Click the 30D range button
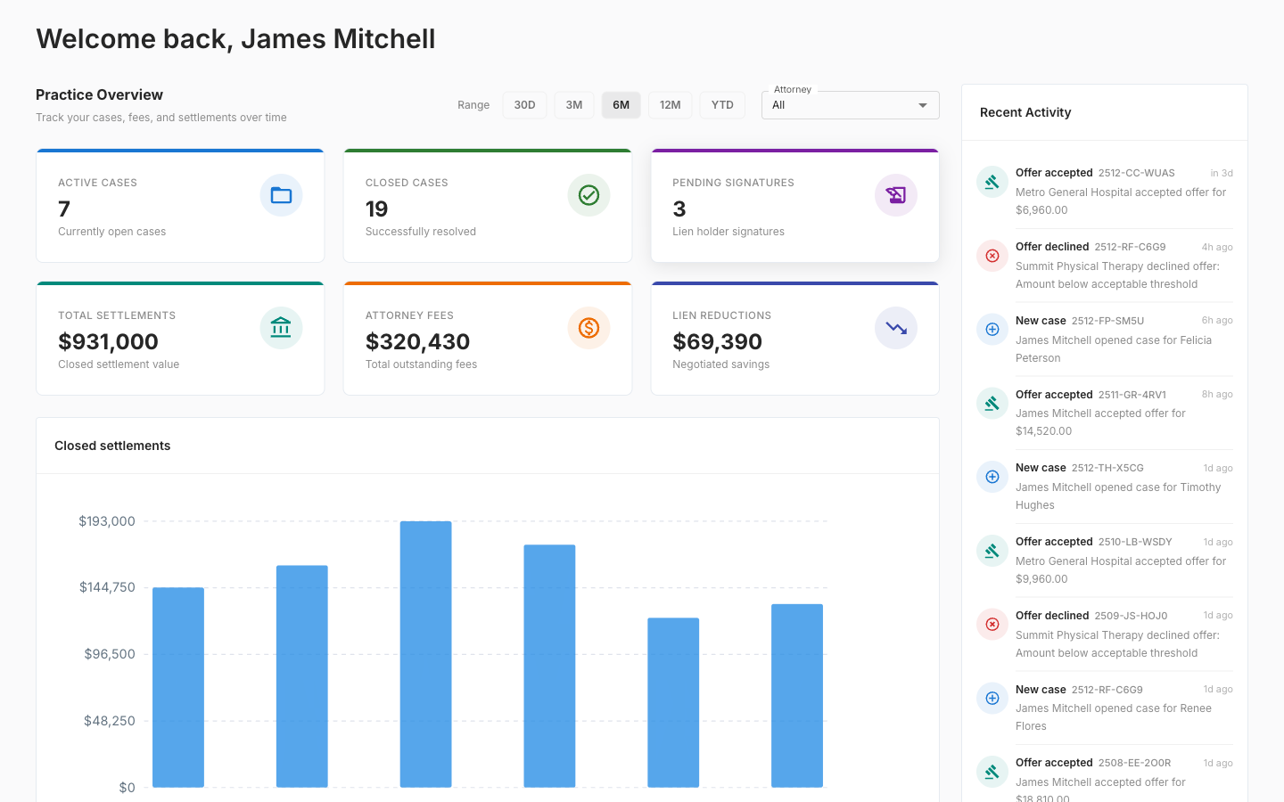coord(524,105)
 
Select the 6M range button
coord(621,105)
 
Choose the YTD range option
coord(722,105)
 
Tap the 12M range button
coord(670,105)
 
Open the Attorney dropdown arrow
coord(923,105)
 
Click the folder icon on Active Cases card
coord(281,195)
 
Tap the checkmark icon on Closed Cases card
coord(588,195)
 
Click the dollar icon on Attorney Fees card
coord(588,328)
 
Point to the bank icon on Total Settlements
coord(281,328)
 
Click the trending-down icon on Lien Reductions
coord(896,328)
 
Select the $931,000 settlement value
coord(108,341)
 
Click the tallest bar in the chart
coord(425,654)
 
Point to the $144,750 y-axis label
coord(107,587)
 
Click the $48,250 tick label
coord(109,721)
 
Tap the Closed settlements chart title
coord(112,446)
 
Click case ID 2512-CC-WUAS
coord(1136,173)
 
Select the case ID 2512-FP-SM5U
coord(1107,321)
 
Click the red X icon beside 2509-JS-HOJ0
coord(992,625)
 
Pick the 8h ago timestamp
coord(1216,395)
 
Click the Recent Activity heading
coord(1025,112)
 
